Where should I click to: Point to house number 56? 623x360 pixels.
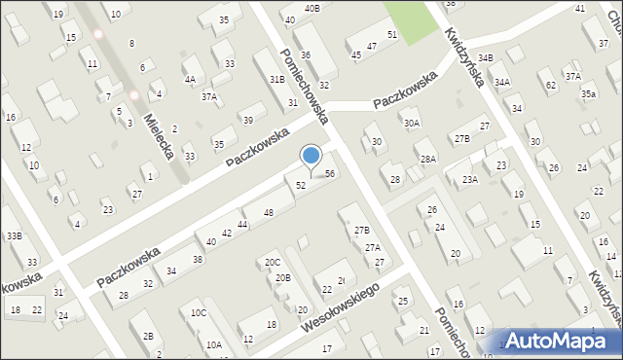tap(330, 173)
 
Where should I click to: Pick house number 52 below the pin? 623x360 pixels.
tap(301, 185)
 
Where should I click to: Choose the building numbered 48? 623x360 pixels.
tap(269, 212)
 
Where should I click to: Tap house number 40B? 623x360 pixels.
tap(311, 8)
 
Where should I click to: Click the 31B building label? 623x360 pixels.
tap(277, 79)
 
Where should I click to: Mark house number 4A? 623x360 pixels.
tap(190, 80)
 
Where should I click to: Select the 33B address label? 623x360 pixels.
tap(14, 235)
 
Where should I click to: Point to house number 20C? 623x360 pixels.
tap(273, 263)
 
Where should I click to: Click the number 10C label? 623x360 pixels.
tap(199, 312)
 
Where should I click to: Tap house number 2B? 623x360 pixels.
tap(148, 337)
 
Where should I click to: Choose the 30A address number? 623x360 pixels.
tap(412, 123)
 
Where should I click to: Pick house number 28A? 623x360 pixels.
tap(426, 159)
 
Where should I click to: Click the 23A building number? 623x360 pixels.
tap(470, 179)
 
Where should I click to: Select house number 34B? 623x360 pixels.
tap(485, 58)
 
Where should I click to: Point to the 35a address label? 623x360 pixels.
tap(588, 93)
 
